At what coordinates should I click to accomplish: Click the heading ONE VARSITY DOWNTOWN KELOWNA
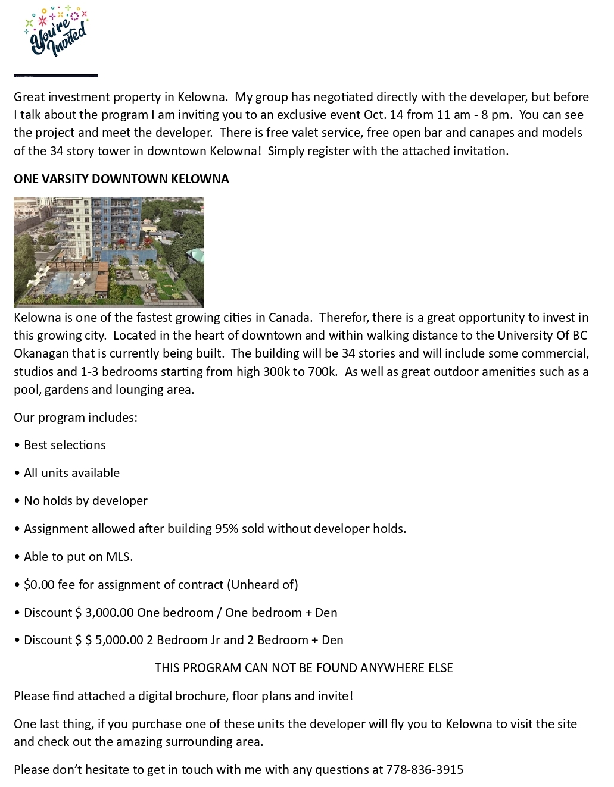coord(121,179)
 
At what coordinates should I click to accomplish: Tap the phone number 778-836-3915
coord(424,770)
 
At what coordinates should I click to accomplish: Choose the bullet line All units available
coord(71,473)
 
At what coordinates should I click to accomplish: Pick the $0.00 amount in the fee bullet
coord(39,585)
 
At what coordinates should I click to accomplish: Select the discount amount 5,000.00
coord(119,640)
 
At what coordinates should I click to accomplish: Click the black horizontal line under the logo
coord(56,76)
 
